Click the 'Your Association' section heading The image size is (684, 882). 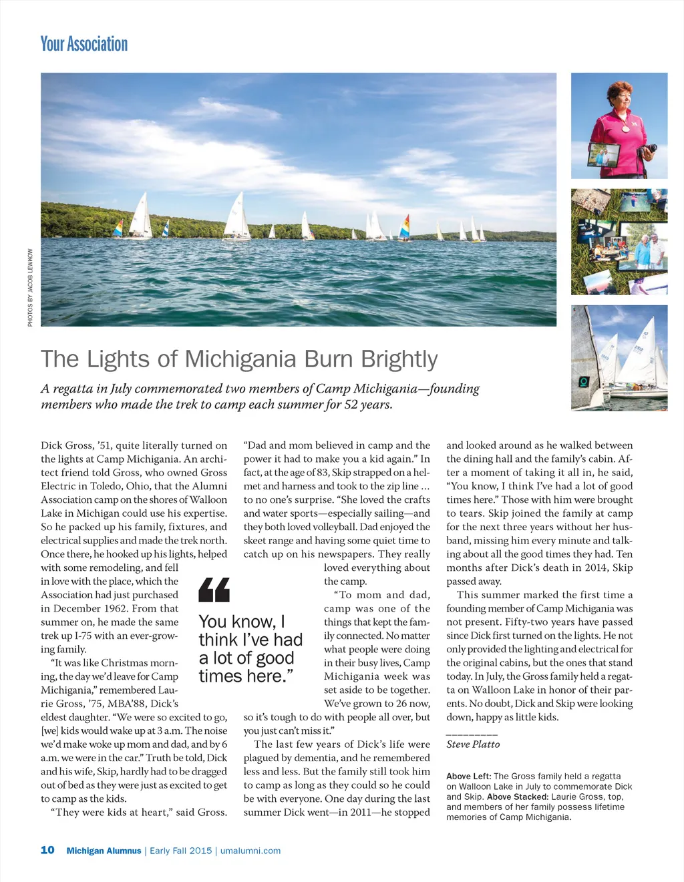point(83,44)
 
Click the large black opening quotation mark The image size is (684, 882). point(214,590)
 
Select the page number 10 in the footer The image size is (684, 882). point(47,850)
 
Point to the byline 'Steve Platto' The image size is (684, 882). point(473,744)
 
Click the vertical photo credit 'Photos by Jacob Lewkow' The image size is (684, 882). point(30,288)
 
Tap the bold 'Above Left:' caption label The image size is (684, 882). point(468,777)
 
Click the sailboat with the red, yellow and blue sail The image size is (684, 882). point(403,227)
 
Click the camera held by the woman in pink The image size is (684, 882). point(647,152)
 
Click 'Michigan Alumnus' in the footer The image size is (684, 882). point(104,851)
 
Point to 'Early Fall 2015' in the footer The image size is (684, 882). point(180,851)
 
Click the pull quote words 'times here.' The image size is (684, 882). point(246,676)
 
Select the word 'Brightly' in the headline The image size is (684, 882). point(399,359)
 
